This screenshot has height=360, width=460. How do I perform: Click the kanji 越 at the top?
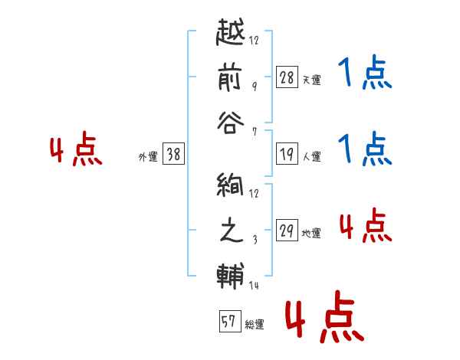[230, 32]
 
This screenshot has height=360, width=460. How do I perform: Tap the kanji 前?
[230, 77]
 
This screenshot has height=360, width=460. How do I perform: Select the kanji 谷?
[231, 123]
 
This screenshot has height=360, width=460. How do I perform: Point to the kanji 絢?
[230, 184]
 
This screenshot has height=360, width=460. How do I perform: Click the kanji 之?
[232, 230]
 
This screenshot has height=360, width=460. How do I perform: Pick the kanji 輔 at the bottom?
[231, 276]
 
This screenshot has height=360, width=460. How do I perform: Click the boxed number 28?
[287, 77]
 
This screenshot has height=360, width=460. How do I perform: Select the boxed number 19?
[287, 154]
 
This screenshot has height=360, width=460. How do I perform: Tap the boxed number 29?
[287, 230]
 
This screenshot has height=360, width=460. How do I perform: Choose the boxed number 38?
[173, 153]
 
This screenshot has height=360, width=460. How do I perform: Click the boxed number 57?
[230, 321]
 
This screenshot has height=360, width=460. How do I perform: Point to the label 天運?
[311, 80]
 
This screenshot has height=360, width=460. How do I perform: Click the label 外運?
[148, 156]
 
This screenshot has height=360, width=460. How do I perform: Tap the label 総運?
[255, 324]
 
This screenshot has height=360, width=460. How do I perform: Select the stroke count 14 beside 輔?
[254, 285]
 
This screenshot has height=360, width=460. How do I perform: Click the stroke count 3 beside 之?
[255, 240]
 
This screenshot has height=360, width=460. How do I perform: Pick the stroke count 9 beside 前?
[255, 86]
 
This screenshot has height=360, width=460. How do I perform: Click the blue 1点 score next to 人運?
[365, 149]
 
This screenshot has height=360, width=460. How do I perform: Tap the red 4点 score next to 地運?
[366, 225]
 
